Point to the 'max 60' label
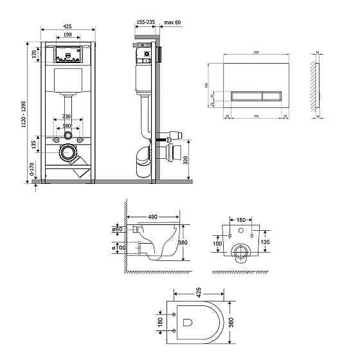tap(172, 22)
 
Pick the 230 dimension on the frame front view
tap(67, 116)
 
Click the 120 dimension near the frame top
tap(33, 54)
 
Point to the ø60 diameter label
tap(117, 230)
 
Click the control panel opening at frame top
tap(67, 54)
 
